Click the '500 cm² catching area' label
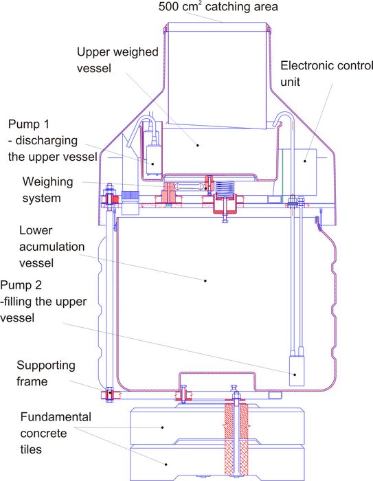(x=218, y=6)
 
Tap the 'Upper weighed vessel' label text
(x=117, y=60)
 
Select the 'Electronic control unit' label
(x=326, y=74)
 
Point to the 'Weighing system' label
(x=47, y=190)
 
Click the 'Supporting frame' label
(x=46, y=373)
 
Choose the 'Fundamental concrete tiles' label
(x=56, y=433)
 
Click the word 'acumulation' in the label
(x=52, y=247)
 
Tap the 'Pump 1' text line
(x=29, y=124)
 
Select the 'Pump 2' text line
(x=21, y=285)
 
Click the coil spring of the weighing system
(x=225, y=188)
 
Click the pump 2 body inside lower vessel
(x=297, y=370)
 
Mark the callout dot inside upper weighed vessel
(x=198, y=145)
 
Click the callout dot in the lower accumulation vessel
(x=205, y=280)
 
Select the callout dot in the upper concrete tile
(x=163, y=427)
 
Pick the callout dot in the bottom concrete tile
(x=166, y=465)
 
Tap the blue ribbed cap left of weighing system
(x=130, y=195)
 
